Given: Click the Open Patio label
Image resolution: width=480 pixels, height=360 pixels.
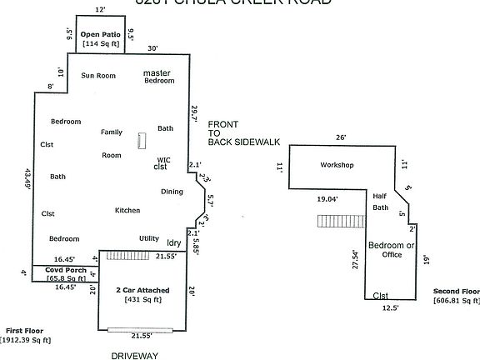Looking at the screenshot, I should [x=101, y=35].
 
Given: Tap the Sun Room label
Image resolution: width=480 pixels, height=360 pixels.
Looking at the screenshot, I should [x=97, y=75].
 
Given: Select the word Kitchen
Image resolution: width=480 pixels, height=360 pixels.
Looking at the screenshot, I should [x=127, y=210].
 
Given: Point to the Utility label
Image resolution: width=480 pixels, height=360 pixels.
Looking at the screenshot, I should [x=149, y=237].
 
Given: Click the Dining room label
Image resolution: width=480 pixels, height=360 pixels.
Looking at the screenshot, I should [x=172, y=192].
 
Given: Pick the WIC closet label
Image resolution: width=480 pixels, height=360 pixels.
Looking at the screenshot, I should [x=163, y=163].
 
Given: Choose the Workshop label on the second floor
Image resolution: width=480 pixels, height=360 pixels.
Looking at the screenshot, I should [x=337, y=165].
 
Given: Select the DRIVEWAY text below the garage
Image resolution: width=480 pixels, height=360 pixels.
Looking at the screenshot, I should [x=134, y=354].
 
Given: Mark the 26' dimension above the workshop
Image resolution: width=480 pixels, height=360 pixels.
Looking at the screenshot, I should [x=340, y=137].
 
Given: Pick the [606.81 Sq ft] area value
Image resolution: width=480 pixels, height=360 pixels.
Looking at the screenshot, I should [x=456, y=300].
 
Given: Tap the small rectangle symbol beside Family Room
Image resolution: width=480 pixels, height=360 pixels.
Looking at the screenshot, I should [x=142, y=141].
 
